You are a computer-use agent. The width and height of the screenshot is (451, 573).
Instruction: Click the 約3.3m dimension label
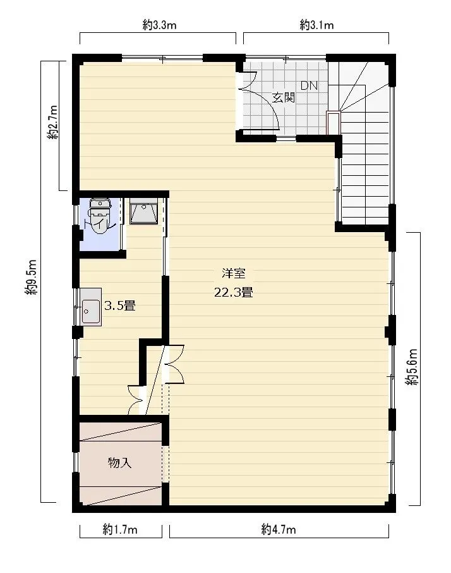pos(159,25)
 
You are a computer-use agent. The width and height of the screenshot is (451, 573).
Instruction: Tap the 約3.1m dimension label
pos(316,25)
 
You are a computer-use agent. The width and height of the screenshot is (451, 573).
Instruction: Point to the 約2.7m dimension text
pos(52,123)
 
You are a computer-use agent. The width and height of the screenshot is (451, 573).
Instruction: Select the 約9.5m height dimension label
pos(31,278)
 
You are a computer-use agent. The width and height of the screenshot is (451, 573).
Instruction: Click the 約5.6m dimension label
pos(412,367)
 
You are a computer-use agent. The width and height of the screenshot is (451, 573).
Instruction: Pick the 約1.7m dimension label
pos(120,529)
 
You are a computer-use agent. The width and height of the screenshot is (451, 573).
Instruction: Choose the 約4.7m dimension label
pos(279,529)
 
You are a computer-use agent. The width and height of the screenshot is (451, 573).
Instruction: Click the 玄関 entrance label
pos(284,97)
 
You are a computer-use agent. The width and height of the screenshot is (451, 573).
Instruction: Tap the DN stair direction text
pos(309,86)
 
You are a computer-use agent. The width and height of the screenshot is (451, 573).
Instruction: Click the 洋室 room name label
pos(234,273)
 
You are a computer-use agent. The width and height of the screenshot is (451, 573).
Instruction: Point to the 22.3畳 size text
pos(234,292)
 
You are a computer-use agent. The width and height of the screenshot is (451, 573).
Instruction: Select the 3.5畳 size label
pos(120,305)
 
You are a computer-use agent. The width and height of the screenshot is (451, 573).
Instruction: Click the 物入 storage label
pos(119,463)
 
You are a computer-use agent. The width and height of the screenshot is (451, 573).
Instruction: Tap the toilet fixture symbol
pos(100,216)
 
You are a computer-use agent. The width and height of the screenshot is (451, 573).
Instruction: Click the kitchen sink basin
pos(91,312)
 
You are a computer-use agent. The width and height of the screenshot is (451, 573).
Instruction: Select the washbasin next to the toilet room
pos(143,211)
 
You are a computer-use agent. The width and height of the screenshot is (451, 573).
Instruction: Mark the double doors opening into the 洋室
pos(174,364)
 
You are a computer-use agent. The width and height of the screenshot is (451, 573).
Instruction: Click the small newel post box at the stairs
pos(333,123)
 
